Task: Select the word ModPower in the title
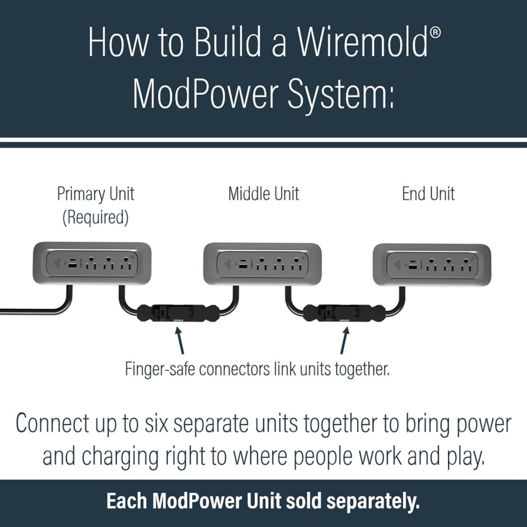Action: tap(210, 94)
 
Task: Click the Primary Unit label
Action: tap(95, 194)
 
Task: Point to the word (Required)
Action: tap(95, 218)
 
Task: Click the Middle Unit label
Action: tap(263, 194)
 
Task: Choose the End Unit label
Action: tap(428, 194)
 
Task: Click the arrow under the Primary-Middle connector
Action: tap(180, 340)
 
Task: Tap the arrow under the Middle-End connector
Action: tap(344, 340)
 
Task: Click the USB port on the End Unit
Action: tap(414, 265)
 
